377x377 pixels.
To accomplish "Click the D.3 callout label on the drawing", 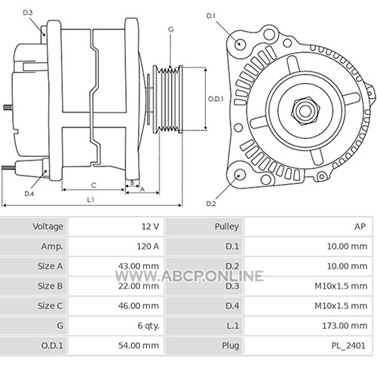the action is point(28,13).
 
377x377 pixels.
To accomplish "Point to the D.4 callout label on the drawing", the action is point(29,194).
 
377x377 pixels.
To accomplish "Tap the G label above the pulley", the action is point(170,29).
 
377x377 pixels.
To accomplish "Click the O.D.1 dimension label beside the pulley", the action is point(216,99).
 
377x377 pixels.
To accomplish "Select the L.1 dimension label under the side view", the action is point(90,200).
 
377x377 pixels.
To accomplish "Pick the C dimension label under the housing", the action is point(93,185).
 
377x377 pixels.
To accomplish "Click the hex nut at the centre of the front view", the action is point(305,112).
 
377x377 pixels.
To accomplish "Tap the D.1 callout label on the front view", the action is point(211,16).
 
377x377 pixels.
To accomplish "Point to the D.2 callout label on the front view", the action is point(211,204).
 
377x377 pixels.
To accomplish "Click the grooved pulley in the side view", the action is point(167,99).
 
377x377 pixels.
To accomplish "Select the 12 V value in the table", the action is point(150,226).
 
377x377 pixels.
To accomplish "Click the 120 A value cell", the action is point(148,247).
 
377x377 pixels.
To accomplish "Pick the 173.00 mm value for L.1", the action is point(345,326).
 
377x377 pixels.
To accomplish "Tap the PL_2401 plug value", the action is point(348,345).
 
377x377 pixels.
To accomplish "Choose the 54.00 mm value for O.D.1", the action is point(139,345).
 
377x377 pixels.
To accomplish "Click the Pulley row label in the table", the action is point(227,226).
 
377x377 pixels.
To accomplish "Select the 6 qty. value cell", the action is point(149,326).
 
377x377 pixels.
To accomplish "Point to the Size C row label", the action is point(50,306).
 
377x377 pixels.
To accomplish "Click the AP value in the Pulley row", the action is point(360,226).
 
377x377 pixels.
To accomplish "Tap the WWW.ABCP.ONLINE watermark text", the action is point(189,276).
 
